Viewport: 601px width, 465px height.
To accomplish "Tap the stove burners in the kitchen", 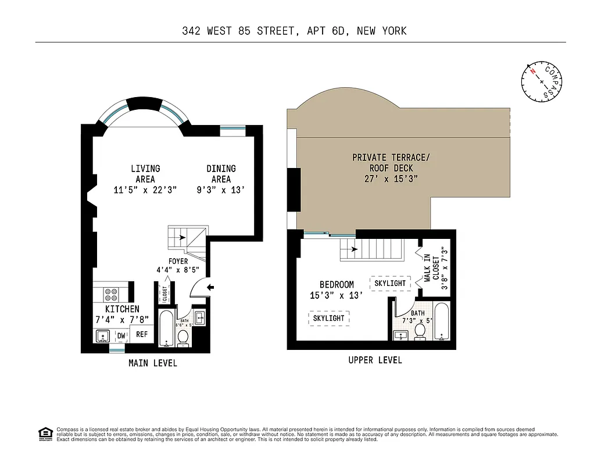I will tap(112, 294).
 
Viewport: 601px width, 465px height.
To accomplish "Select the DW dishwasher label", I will tap(121, 336).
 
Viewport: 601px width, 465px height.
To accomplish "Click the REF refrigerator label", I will tap(142, 334).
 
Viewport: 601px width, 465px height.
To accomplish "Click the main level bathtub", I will tap(166, 329).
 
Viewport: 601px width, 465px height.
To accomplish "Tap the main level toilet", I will tap(183, 337).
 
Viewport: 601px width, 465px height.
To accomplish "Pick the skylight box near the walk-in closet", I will tap(390, 283).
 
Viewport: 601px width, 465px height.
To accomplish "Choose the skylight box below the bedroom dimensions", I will tap(328, 318).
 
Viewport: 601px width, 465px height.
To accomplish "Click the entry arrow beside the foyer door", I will tap(211, 286).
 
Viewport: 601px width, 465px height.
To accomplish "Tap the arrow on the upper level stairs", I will tap(354, 249).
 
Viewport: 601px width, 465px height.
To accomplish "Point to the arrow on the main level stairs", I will tap(183, 237).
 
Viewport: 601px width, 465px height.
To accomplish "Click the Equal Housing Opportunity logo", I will tap(45, 434).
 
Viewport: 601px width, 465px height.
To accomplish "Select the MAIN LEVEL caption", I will tap(153, 363).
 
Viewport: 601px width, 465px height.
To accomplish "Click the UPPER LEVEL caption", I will tap(375, 360).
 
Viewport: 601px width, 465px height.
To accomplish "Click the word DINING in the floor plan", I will tap(221, 169).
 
